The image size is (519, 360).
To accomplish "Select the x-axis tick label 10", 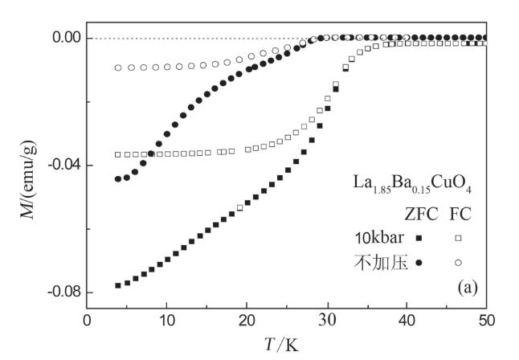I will tap(166, 320).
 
